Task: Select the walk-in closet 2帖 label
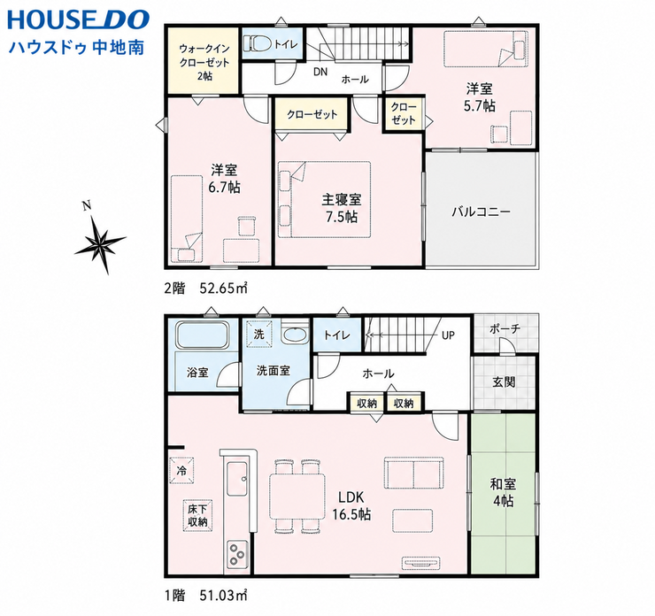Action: [x=204, y=62]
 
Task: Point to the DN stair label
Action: [x=320, y=72]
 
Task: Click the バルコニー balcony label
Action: [x=481, y=212]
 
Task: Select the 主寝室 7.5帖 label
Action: [x=342, y=208]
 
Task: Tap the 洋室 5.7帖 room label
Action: [x=480, y=97]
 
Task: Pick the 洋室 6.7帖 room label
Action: [x=224, y=178]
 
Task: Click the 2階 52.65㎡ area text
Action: [x=205, y=289]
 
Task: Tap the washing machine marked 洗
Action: [x=259, y=334]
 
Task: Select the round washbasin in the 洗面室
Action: [x=295, y=335]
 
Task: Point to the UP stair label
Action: [x=448, y=335]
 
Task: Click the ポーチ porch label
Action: [x=505, y=328]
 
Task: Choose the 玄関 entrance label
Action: [x=504, y=381]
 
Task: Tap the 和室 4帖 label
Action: [x=503, y=492]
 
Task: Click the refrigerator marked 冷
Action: [x=181, y=471]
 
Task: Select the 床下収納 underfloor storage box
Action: [x=197, y=516]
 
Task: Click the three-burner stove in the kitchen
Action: [x=238, y=553]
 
